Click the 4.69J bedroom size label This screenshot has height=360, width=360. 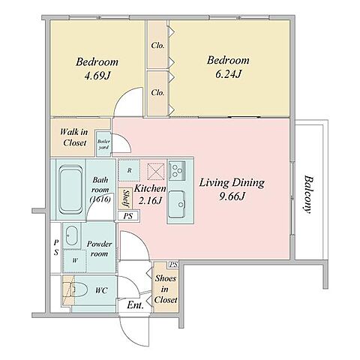(97, 76)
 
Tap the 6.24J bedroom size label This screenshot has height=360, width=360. (228, 74)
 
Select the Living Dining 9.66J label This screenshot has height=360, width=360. (232, 189)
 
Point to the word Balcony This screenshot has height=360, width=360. (309, 195)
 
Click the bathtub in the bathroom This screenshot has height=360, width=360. (71, 190)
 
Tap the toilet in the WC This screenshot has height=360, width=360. (78, 290)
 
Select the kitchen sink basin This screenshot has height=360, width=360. (177, 204)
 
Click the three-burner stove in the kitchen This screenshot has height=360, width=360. (177, 170)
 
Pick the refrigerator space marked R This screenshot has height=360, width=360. (129, 170)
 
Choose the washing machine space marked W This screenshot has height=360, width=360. (75, 261)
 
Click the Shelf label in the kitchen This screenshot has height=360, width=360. (126, 198)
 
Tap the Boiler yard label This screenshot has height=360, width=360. (103, 144)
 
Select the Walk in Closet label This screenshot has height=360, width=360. (74, 137)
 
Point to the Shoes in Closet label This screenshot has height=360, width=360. (166, 289)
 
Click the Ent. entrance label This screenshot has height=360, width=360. (135, 305)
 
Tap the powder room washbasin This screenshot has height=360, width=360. (72, 235)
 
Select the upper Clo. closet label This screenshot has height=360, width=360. (157, 46)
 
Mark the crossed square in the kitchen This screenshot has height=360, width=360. (156, 172)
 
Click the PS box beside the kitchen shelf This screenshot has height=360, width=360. (128, 216)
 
